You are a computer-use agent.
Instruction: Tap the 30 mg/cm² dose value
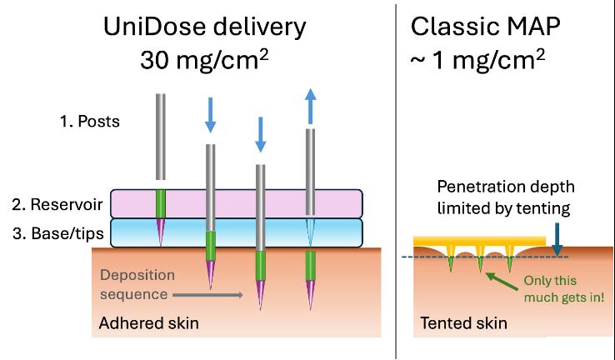coord(205,62)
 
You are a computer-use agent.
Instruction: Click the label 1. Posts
coord(89,122)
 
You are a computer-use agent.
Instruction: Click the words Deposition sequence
coord(136,284)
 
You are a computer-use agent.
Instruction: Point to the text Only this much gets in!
coord(566,290)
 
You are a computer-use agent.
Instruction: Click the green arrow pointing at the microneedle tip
coord(502,278)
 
